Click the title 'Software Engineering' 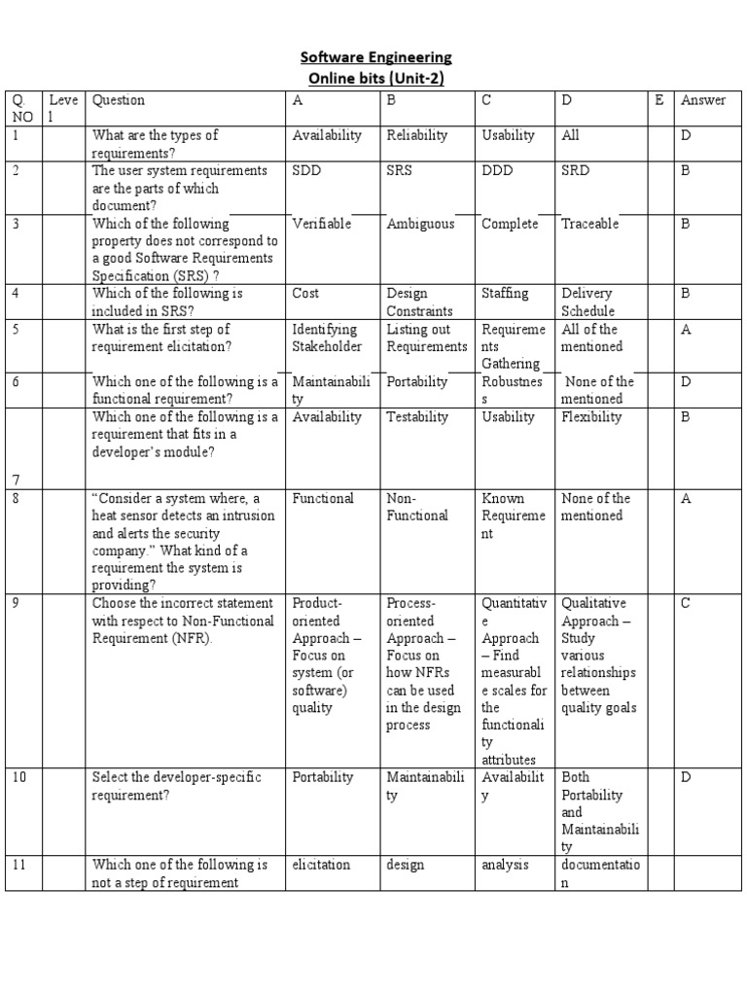coord(373,57)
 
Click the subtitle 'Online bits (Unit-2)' coord(373,78)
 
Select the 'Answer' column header coord(703,100)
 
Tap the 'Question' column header coord(119,100)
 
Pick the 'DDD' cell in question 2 coord(497,170)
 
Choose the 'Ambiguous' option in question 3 coord(420,224)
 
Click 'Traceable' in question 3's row coord(592,224)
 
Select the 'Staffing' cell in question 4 coord(505,293)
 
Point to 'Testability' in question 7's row coord(417,417)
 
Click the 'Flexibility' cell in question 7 coord(591,417)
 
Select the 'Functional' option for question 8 coord(323,498)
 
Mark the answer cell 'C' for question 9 coord(685,603)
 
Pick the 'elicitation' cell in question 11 coord(321,864)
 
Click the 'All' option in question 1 coord(571,135)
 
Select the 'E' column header coord(659,100)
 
